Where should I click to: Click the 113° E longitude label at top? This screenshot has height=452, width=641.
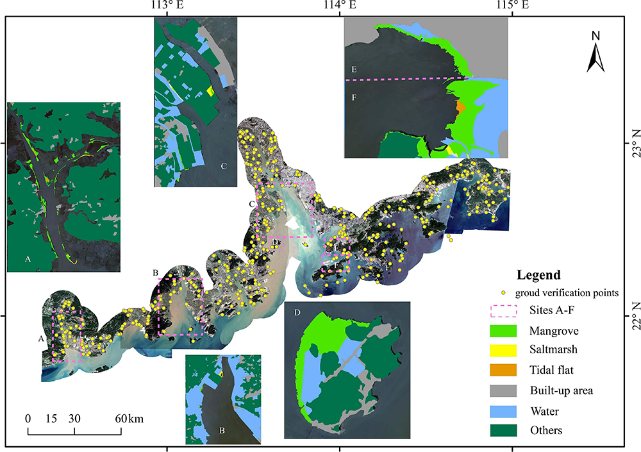pos(167,6)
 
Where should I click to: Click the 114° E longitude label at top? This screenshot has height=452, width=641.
pos(339,6)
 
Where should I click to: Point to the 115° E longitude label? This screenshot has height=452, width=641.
pos(512,6)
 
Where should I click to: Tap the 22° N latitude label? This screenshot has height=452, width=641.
pos(633,316)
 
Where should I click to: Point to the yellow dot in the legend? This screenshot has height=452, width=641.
pos(503,293)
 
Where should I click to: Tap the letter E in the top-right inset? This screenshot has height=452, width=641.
pos(353,69)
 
